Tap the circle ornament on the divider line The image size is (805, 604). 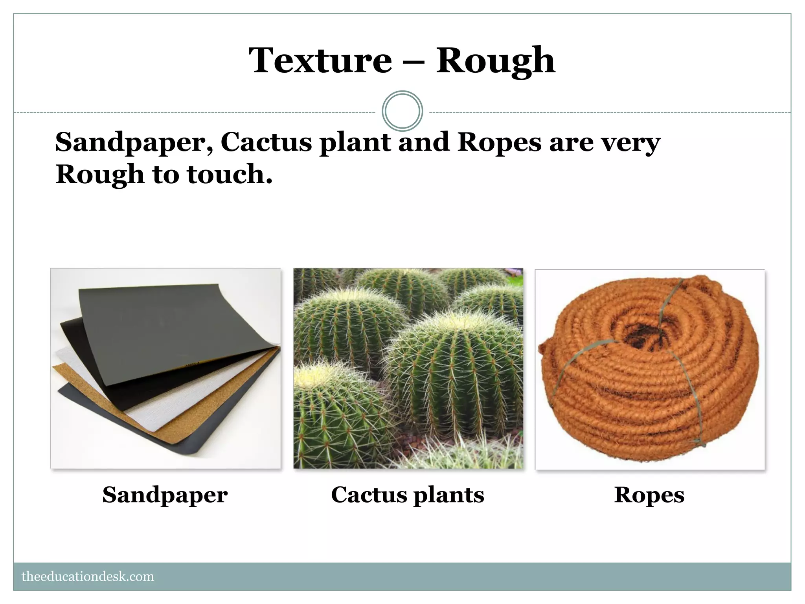pos(402,111)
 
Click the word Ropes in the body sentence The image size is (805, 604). pos(499,142)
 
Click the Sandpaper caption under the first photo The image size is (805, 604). pos(165,495)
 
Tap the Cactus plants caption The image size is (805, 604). pos(408,495)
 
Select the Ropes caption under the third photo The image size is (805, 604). pos(649,495)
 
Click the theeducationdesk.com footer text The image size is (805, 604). pos(88,576)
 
